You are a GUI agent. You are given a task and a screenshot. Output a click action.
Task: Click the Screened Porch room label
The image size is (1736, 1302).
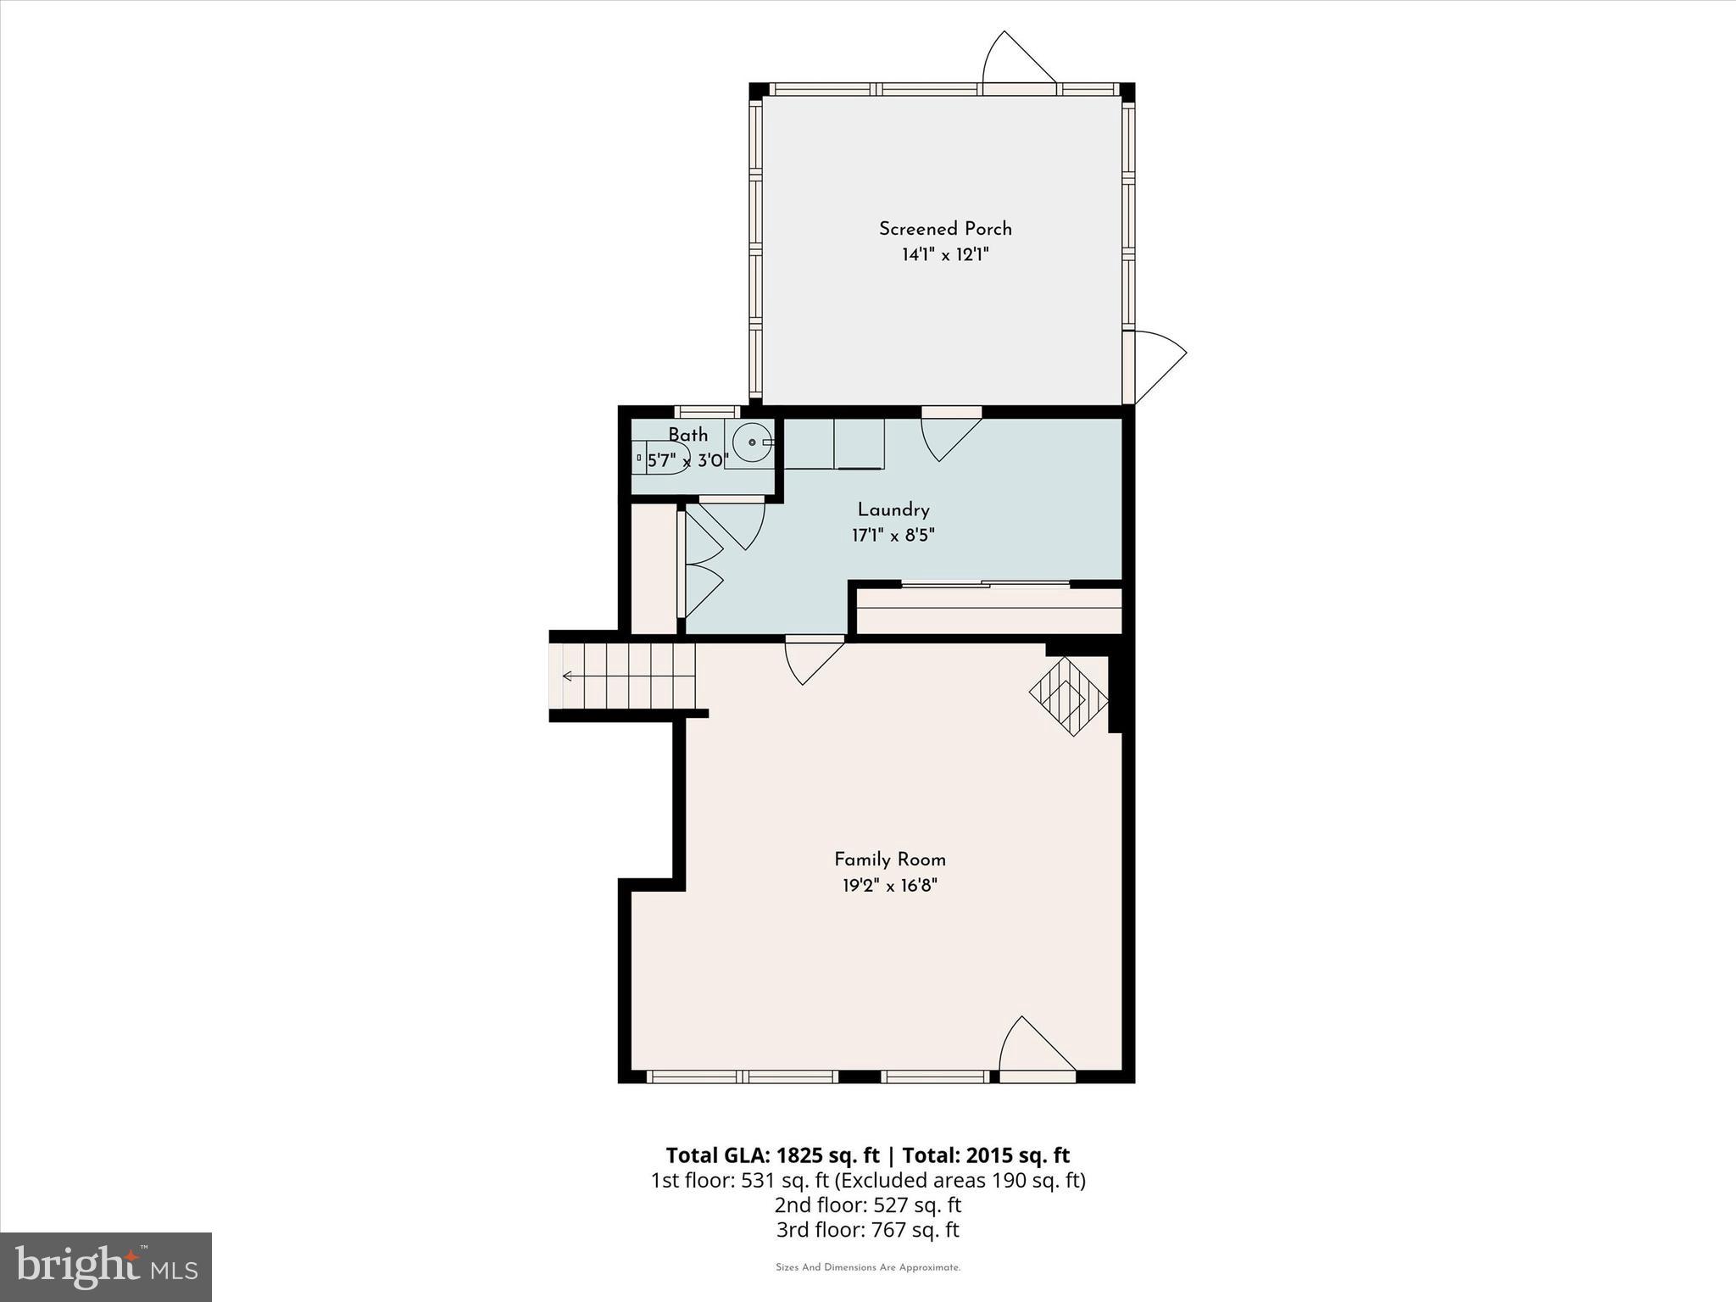[x=945, y=228]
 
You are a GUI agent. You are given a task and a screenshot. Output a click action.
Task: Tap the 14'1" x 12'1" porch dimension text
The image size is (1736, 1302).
[x=945, y=254]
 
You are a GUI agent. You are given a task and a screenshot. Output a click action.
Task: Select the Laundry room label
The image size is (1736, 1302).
[x=893, y=509]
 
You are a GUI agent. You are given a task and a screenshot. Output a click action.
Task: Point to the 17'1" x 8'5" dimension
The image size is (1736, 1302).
[x=893, y=536]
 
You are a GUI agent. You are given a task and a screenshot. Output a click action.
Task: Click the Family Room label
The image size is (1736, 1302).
[x=889, y=860]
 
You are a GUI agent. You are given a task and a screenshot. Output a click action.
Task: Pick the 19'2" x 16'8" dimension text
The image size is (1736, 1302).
[x=889, y=886]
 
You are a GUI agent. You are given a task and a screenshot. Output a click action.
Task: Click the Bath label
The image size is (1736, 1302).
[x=687, y=435]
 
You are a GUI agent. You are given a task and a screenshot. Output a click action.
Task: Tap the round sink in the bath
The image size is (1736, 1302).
[x=751, y=442]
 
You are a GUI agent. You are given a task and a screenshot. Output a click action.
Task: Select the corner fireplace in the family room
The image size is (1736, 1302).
[x=1070, y=696]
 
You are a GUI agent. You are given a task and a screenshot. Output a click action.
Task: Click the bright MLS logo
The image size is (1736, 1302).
[x=106, y=1267]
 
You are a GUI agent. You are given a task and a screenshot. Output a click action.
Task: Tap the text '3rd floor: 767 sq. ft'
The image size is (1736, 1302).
[x=867, y=1230]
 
